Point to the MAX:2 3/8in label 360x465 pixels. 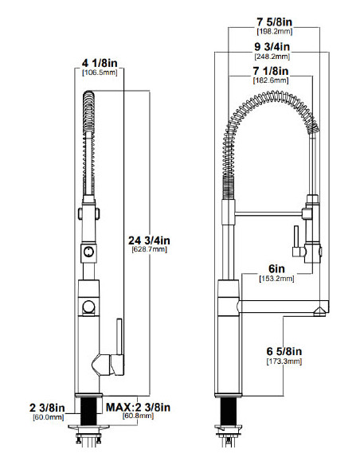pos(139,406)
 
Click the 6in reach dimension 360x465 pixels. pos(276,268)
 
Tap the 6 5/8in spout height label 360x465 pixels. pos(284,351)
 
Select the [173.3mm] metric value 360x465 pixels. pos(284,361)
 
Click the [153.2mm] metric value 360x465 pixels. pos(276,279)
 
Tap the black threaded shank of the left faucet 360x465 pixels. pos(88,412)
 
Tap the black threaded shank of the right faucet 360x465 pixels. pos(229,412)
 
